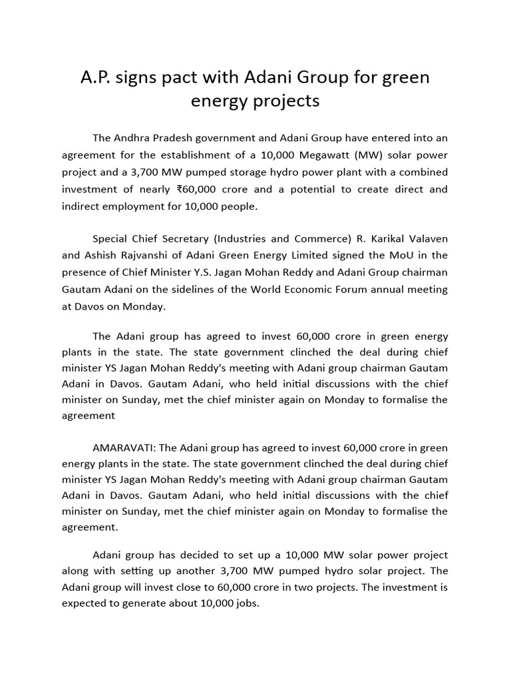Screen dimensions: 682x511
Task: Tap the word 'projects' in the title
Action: tap(287, 101)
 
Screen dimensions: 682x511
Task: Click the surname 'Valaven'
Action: tap(425, 238)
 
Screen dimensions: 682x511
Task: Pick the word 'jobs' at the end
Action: tap(246, 604)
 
